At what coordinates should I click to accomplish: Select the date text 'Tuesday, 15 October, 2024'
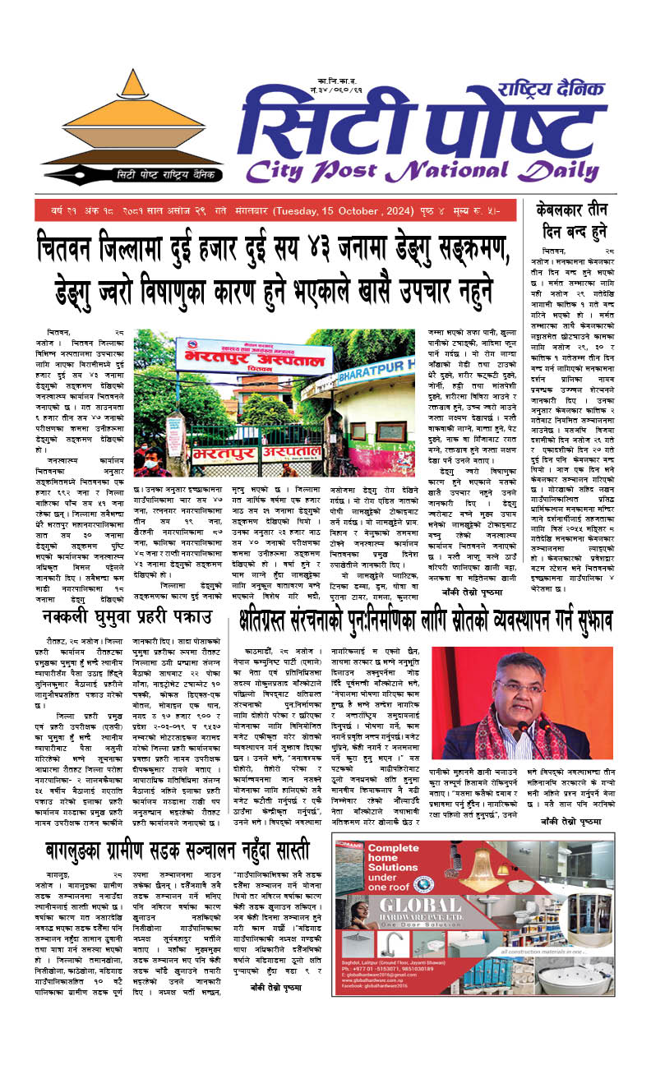click(345, 212)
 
